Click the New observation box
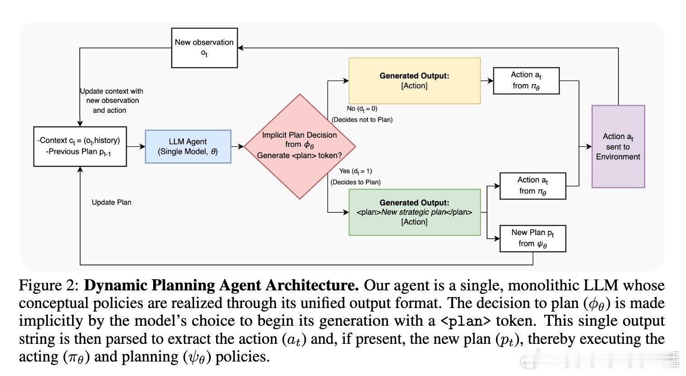tap(204, 48)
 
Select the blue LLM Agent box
tap(188, 146)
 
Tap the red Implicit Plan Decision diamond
tap(300, 146)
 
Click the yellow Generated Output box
tap(415, 81)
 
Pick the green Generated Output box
tap(415, 212)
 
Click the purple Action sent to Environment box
tap(618, 146)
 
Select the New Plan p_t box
tap(533, 239)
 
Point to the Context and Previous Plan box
tap(80, 146)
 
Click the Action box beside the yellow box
tap(526, 81)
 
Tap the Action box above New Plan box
tap(533, 186)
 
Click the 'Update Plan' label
tap(111, 202)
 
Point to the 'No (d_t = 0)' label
tap(362, 109)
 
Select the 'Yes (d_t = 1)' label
tap(355, 171)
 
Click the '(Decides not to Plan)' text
tap(362, 120)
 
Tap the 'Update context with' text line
tap(111, 91)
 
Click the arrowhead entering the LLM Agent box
tap(142, 146)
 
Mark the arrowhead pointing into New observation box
tap(241, 48)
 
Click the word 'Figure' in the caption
tap(40, 286)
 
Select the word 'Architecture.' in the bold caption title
tap(312, 285)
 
